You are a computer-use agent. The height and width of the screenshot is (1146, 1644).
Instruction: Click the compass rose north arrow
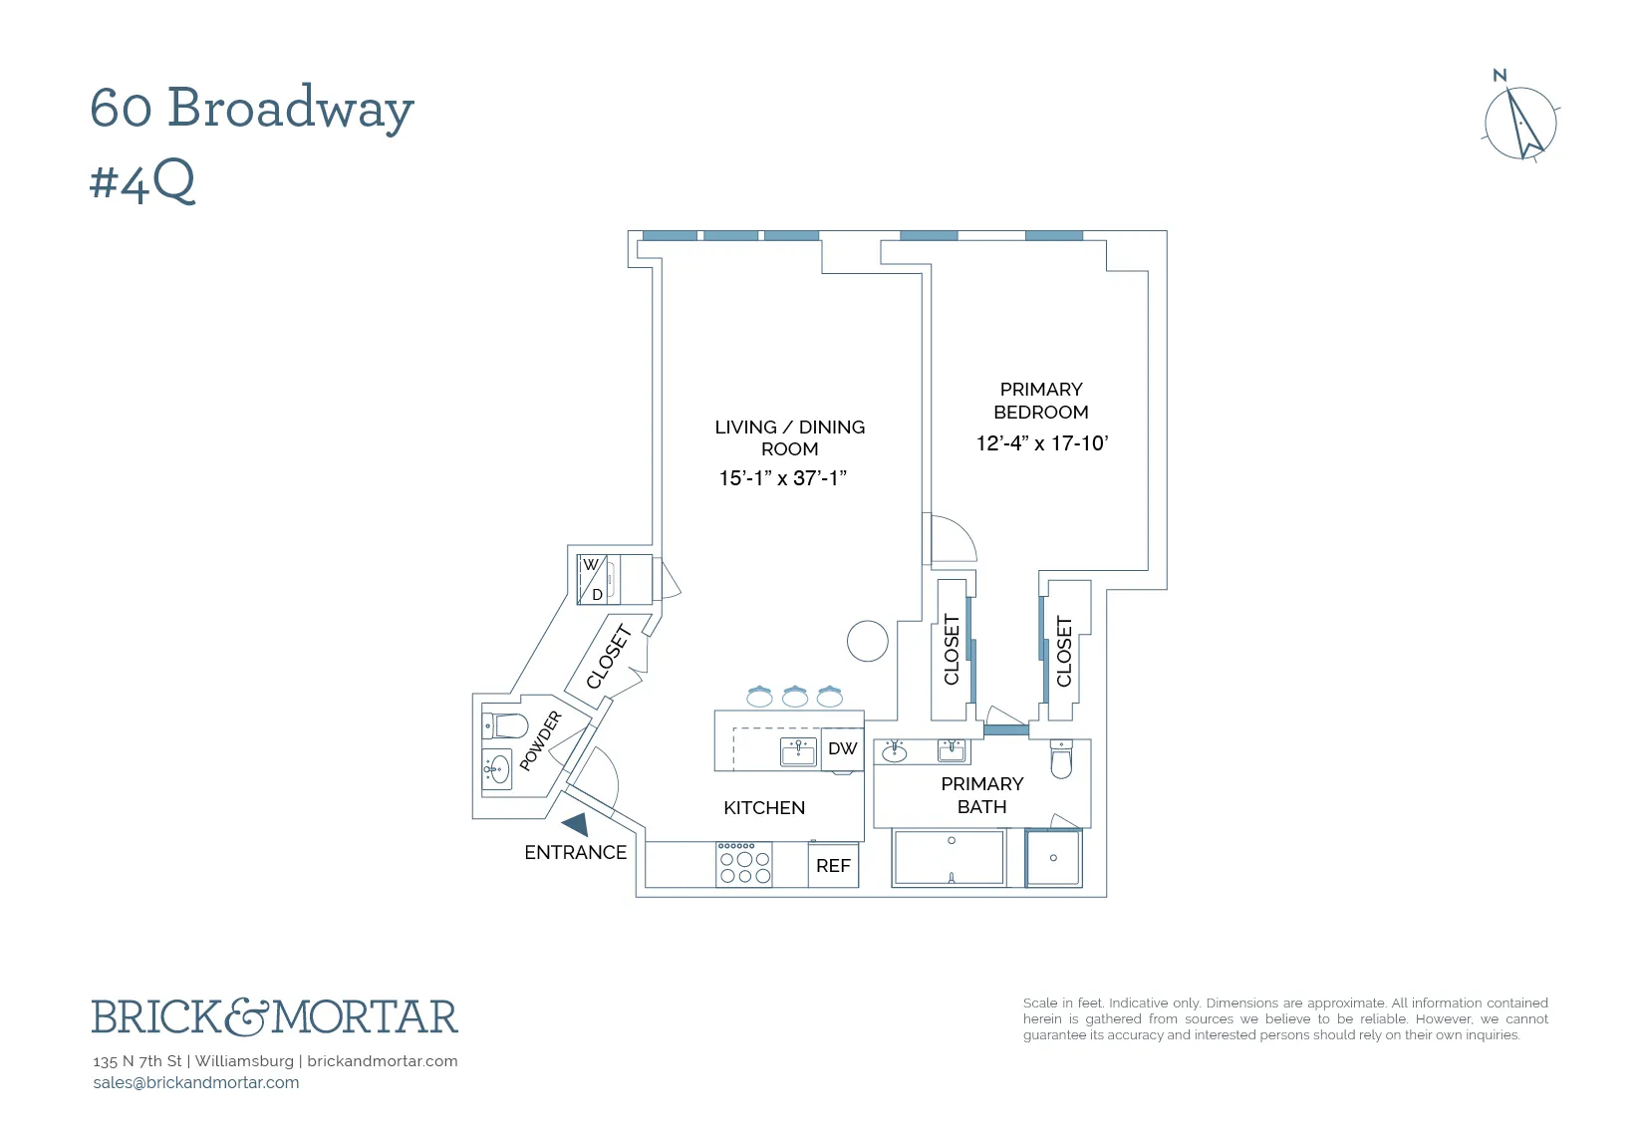point(1521,124)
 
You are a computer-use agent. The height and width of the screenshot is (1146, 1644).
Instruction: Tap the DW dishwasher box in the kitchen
point(842,748)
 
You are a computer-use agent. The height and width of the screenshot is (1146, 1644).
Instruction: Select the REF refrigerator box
point(833,865)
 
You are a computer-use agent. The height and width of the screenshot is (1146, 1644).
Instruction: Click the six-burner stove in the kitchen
point(744,864)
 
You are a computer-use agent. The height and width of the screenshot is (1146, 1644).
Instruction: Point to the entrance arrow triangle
point(576,824)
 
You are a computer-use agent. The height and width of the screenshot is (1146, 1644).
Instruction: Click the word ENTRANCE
point(575,852)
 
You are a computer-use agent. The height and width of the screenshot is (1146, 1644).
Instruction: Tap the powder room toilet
point(505,724)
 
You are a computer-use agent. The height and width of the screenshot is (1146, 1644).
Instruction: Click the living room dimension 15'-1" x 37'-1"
point(782,478)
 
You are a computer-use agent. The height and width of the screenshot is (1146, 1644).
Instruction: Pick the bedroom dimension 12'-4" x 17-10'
point(1041,443)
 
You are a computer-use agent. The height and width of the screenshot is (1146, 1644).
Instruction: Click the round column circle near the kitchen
point(867,641)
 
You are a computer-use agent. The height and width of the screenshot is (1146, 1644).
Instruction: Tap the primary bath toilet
point(1061,759)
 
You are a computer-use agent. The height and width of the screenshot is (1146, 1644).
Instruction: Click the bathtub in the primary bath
point(949,857)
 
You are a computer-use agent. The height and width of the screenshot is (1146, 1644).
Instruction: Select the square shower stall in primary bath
point(1053,858)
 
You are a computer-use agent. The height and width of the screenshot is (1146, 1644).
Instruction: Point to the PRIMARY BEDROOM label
point(1040,401)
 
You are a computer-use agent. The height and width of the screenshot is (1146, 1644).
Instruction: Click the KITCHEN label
point(763,808)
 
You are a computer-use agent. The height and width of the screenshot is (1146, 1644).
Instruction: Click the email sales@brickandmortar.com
point(196,1082)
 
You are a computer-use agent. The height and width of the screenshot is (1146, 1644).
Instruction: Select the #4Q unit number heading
point(142,181)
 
